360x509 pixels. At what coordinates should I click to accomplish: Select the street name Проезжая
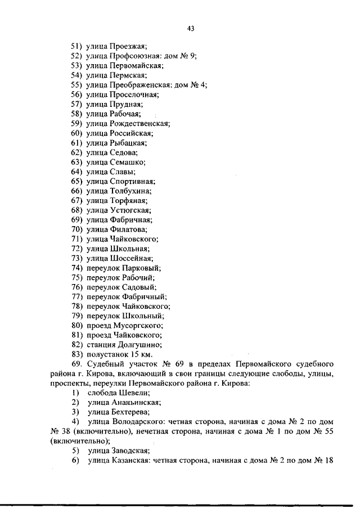[x=129, y=46]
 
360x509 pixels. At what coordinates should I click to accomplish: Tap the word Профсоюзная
[x=134, y=55]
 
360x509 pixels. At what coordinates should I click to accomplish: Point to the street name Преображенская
[x=139, y=84]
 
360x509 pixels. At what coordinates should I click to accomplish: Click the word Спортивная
[x=133, y=182]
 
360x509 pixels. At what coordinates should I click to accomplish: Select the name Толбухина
[x=131, y=191]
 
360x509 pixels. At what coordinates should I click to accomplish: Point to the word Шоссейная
[x=131, y=259]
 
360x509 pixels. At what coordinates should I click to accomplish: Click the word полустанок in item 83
[x=107, y=355]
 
